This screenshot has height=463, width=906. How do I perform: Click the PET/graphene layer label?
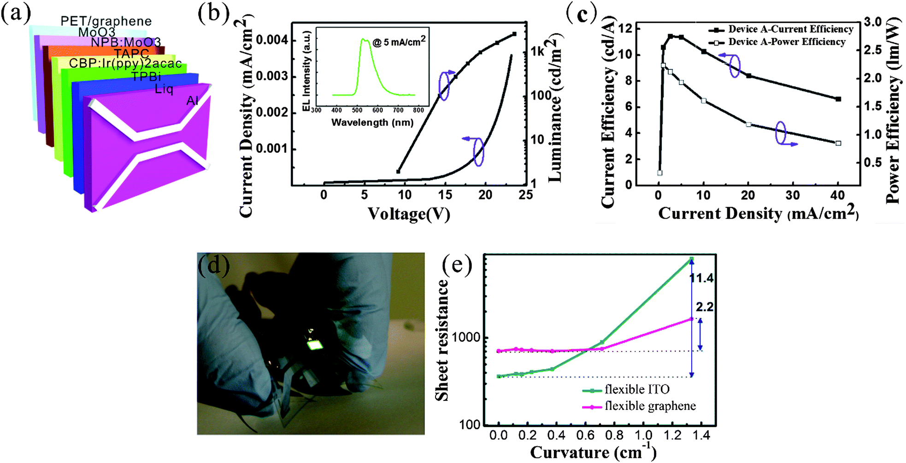[106, 21]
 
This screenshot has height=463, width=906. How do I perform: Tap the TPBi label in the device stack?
[146, 77]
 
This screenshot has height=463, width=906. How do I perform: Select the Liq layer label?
[164, 89]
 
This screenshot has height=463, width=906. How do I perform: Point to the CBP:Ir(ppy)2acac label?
[125, 64]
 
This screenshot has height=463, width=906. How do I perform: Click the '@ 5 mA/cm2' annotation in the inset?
[399, 42]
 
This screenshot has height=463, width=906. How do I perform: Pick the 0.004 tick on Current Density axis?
[272, 40]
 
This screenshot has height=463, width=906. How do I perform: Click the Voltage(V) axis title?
[409, 214]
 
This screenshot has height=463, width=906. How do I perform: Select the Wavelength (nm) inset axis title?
[372, 122]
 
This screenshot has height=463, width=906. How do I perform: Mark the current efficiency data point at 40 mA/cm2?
[838, 99]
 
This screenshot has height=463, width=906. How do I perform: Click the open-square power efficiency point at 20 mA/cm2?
[748, 124]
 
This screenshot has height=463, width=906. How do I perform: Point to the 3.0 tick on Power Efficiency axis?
[872, 22]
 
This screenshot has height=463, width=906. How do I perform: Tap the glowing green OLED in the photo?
[315, 345]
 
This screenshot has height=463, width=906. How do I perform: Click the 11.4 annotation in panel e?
[701, 278]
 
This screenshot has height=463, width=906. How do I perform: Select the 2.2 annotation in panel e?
[705, 307]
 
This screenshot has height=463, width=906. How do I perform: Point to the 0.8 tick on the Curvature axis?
[614, 435]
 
